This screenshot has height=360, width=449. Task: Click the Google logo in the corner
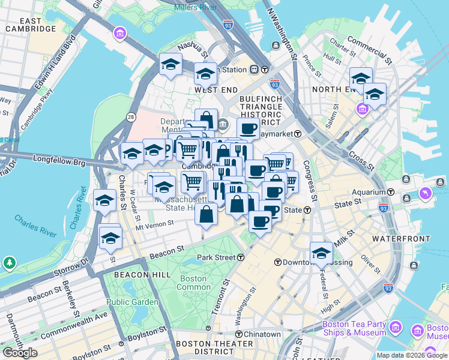[20, 353]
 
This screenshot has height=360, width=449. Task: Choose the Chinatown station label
[259, 334]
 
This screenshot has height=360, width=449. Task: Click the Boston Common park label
[193, 283]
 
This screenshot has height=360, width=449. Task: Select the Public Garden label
[132, 302]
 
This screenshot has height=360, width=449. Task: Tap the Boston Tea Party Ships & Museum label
[354, 328]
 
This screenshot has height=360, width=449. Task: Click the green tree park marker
[10, 263]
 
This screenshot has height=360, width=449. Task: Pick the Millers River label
[196, 7]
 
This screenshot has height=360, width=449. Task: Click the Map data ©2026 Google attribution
[412, 355]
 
